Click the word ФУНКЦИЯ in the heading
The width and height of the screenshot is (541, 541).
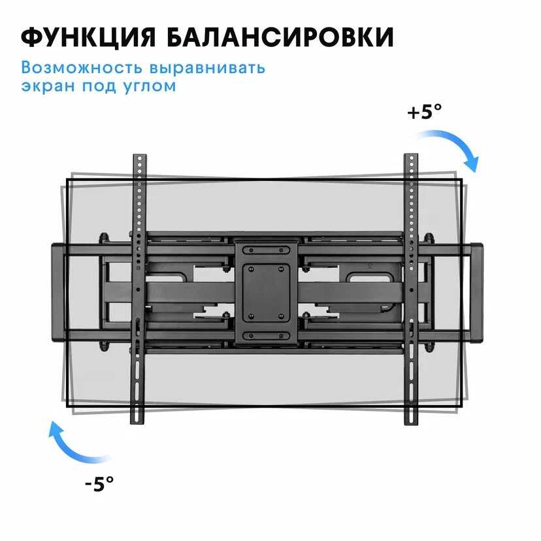point(89,37)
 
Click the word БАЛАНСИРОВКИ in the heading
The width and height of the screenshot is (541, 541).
point(280,37)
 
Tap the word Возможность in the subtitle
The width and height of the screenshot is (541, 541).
point(82,67)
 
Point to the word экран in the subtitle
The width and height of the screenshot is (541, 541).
point(48,86)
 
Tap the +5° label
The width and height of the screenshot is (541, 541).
point(425,112)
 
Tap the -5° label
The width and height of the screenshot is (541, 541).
point(99,484)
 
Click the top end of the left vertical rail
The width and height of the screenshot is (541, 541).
point(140,156)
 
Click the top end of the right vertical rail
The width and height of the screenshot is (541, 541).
point(410,156)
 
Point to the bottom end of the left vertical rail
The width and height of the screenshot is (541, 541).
point(137,423)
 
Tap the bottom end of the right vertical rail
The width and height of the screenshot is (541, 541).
point(411,423)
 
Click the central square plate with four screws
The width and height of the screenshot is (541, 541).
point(266,293)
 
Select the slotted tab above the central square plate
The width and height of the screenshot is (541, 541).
point(266,250)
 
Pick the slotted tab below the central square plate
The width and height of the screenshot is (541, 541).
point(266,336)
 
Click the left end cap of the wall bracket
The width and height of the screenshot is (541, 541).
point(59,293)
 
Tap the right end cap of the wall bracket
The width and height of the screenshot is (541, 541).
point(477,293)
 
